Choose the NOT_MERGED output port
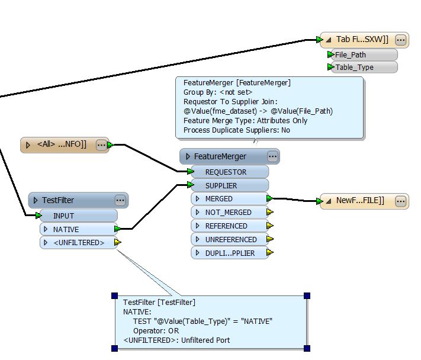(229, 213)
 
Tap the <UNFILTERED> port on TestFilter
(78, 243)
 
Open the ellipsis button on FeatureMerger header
(272, 156)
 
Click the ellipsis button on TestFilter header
(120, 200)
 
